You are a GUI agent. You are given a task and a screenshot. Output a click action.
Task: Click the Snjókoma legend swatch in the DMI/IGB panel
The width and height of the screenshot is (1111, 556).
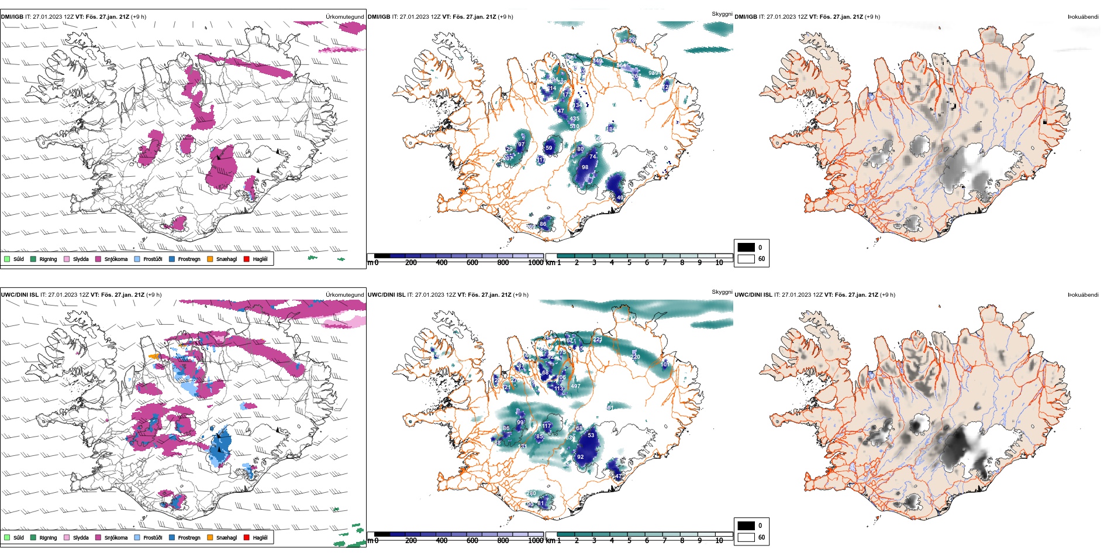[x=98, y=259]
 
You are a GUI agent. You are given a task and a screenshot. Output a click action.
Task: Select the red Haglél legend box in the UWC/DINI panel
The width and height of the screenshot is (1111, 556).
[x=246, y=537]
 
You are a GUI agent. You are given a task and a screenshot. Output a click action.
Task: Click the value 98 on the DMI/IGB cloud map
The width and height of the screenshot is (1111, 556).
[x=585, y=167]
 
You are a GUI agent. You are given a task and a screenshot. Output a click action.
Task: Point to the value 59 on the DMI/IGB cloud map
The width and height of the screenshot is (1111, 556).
[x=548, y=148]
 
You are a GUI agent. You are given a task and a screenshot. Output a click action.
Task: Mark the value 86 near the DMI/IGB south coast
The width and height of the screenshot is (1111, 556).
[x=543, y=224]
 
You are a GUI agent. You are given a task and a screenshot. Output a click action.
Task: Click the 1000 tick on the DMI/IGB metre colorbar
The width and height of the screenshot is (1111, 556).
[x=536, y=263]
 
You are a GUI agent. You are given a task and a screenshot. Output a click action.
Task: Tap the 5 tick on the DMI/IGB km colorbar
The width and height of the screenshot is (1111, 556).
[x=629, y=263]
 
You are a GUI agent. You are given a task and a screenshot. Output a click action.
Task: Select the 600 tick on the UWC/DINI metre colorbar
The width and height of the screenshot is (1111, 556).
[x=472, y=541]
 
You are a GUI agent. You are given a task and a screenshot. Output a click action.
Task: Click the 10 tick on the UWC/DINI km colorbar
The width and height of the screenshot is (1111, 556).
[x=719, y=541]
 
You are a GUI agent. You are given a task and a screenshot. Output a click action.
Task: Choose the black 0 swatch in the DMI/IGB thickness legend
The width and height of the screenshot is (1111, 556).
[x=746, y=248]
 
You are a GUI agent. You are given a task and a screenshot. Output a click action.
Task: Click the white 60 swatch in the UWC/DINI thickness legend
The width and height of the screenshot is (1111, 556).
[x=746, y=537]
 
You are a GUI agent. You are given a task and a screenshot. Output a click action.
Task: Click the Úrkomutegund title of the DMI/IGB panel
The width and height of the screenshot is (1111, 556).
[x=344, y=17]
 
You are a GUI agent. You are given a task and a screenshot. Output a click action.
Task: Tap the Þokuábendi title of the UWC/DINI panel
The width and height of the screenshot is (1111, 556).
[x=1083, y=295]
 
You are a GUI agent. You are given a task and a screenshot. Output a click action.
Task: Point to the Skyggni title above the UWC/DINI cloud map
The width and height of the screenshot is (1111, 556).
[x=722, y=291]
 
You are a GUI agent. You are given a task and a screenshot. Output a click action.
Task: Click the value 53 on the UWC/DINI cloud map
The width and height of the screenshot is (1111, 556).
[x=591, y=435]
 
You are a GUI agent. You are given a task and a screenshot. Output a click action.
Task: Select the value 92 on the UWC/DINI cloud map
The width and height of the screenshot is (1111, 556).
[x=580, y=457]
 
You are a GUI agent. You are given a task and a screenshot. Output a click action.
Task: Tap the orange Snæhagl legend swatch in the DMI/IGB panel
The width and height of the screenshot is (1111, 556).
[x=210, y=259]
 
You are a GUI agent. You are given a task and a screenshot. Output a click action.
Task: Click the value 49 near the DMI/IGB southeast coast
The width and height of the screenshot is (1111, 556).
[x=620, y=198]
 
